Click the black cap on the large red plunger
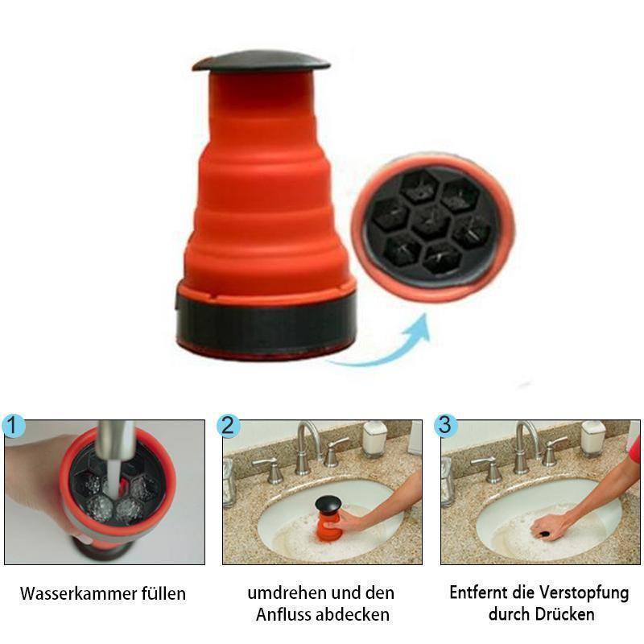pos(261,61)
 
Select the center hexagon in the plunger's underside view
pos(432,219)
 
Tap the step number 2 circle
pos(229,425)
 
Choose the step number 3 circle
pos(446,424)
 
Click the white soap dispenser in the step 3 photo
pos(593,438)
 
